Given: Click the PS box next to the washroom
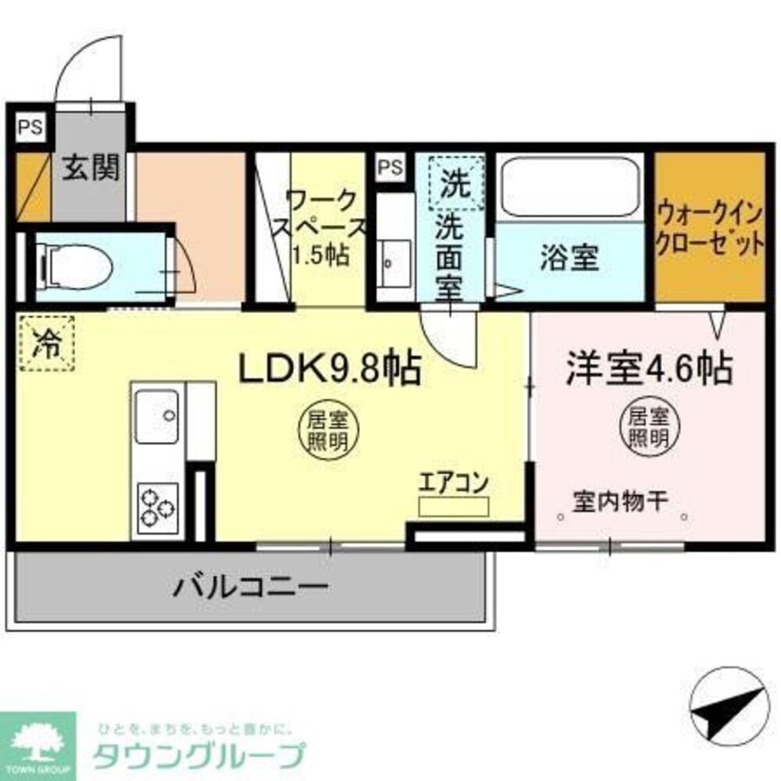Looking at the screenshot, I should point(392,166).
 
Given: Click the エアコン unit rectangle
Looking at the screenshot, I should point(453,506).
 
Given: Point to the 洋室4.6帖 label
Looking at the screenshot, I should point(649,367).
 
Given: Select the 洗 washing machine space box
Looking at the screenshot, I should point(455,184).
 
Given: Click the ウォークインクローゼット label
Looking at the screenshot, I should point(708,226).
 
